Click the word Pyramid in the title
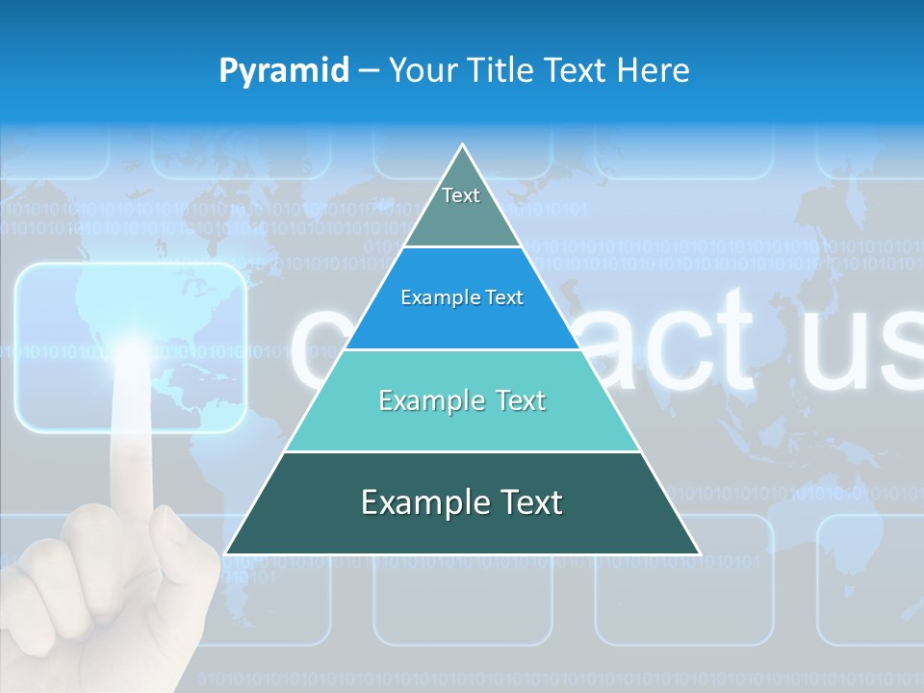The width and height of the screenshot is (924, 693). click(x=283, y=71)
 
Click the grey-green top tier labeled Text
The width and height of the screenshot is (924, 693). click(x=461, y=207)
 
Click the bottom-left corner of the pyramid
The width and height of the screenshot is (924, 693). click(x=227, y=552)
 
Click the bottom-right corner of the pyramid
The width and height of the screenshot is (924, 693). click(x=698, y=552)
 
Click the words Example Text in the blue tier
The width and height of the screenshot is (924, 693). click(x=462, y=297)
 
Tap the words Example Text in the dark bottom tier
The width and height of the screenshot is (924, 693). click(x=462, y=502)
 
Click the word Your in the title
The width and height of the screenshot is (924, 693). click(x=421, y=70)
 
